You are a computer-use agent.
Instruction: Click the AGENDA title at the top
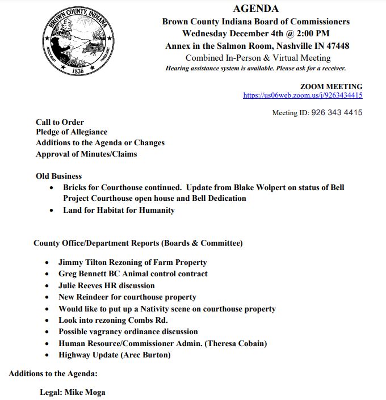tap(255, 9)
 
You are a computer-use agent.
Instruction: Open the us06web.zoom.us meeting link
tap(303, 95)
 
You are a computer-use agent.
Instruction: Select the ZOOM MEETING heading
tap(331, 87)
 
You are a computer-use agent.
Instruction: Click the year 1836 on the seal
tap(78, 71)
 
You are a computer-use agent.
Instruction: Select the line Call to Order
tap(60, 122)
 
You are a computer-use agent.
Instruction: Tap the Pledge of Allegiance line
tap(72, 132)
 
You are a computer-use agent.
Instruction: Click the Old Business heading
tap(58, 176)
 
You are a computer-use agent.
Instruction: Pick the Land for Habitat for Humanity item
tap(119, 210)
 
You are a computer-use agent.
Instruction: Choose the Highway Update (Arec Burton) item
tap(114, 355)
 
